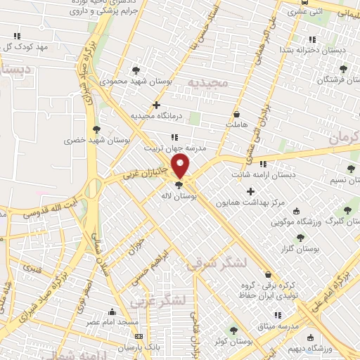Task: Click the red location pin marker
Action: (x=181, y=167)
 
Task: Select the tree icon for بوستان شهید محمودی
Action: (x=136, y=70)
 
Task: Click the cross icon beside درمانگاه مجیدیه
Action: (x=166, y=105)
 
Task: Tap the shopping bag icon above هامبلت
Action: (x=236, y=114)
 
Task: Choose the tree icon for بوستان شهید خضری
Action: (x=96, y=129)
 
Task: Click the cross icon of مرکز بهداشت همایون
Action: (x=250, y=191)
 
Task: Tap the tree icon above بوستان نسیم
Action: (x=351, y=168)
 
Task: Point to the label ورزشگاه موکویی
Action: (x=297, y=222)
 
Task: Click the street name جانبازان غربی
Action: (x=143, y=172)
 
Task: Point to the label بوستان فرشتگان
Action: (x=326, y=80)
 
